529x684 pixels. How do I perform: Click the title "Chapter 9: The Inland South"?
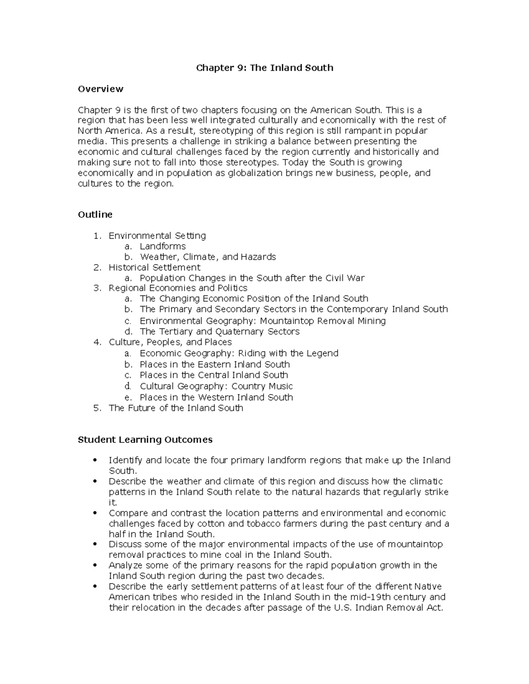pos(264,68)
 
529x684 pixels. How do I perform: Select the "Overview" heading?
pos(101,89)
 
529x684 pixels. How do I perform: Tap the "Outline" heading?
pos(95,214)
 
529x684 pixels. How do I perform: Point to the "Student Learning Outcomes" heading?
pos(145,440)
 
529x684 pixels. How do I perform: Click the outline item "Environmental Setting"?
pos(157,236)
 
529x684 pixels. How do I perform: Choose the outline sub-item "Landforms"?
pos(163,246)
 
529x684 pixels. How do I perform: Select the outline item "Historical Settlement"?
pos(154,267)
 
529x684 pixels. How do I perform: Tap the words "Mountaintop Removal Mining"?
pos(323,321)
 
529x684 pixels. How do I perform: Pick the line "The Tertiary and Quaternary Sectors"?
pos(220,332)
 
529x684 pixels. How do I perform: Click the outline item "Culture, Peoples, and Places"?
pos(170,342)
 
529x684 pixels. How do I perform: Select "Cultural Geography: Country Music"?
pos(216,386)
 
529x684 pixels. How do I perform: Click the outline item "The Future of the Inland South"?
pos(175,408)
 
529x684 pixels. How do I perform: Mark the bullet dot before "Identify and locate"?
pos(95,460)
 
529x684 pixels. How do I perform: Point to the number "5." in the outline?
pos(97,408)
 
